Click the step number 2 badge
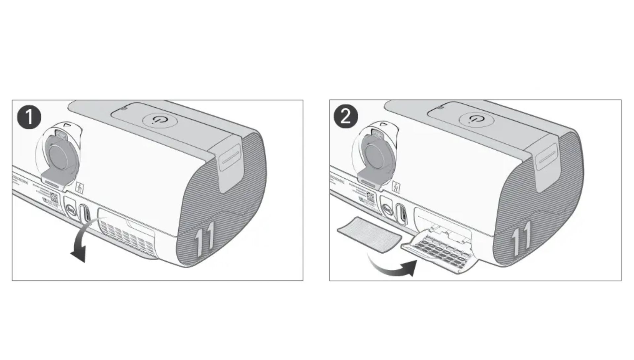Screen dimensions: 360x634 click(346, 117)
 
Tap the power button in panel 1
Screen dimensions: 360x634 click(160, 120)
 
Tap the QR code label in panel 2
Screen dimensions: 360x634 click(370, 198)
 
